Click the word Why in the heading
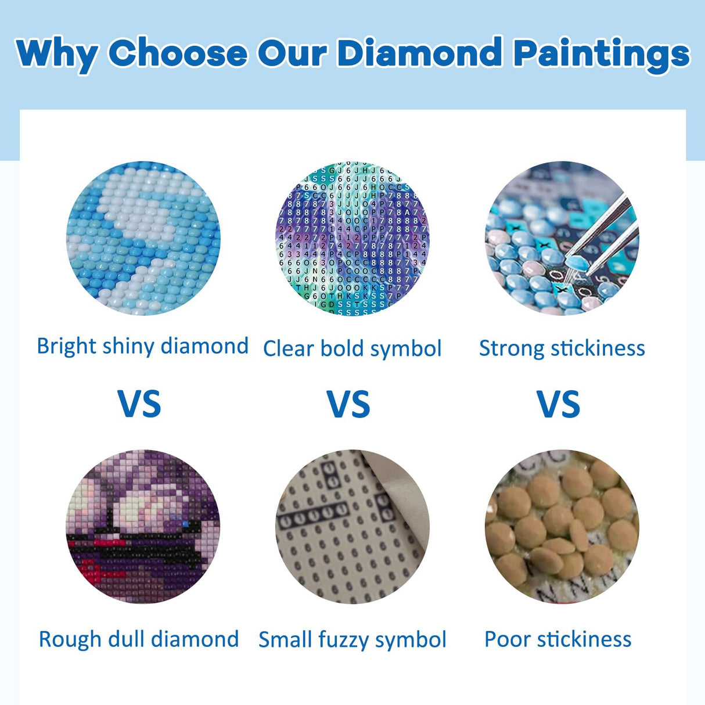tap(57, 55)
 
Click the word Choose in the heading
tap(178, 53)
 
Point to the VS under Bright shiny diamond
tap(139, 404)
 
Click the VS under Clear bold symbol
tap(348, 404)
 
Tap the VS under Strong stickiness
tap(559, 404)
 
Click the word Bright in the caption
tap(66, 346)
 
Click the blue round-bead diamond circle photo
tap(143, 238)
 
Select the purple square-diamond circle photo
tap(143, 526)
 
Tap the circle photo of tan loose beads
tap(562, 526)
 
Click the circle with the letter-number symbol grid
tap(352, 238)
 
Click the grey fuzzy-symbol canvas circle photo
tap(352, 526)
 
